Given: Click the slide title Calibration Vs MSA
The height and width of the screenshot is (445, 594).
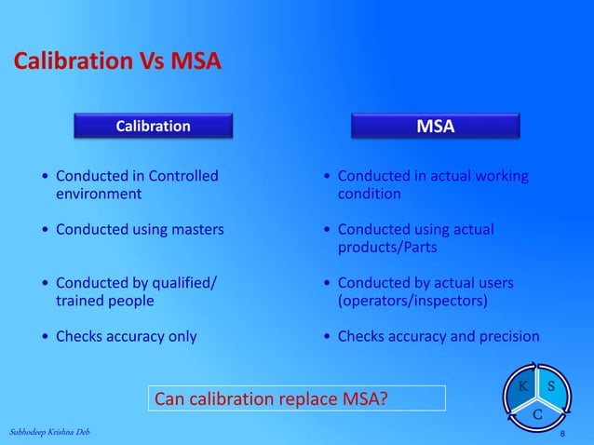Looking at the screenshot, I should point(116,62).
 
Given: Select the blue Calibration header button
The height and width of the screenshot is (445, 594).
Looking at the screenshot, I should point(153,126).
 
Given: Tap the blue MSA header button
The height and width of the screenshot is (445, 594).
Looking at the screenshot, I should point(435,127).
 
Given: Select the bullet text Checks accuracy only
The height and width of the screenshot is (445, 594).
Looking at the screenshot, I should point(126,336).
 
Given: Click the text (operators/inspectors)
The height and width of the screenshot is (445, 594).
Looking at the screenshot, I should point(412,301).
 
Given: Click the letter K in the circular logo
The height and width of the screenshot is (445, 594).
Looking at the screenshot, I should point(523,385).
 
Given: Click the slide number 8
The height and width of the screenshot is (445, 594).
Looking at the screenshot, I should point(561,435).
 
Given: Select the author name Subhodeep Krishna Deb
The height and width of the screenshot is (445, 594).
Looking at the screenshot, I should point(50,433).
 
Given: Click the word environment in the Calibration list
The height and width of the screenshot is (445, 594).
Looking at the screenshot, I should point(99,195).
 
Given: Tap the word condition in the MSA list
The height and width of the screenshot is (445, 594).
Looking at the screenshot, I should point(370,195).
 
